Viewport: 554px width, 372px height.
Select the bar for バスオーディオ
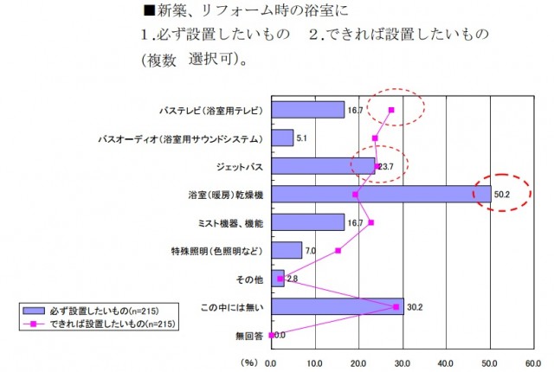pos(282,138)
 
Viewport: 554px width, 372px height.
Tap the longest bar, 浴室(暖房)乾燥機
pos(381,194)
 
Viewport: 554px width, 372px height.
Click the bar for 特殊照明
pos(287,251)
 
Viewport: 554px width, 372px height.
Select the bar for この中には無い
pos(337,306)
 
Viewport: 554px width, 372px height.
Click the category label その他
pos(251,279)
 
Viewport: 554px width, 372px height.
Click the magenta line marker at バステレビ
pos(391,110)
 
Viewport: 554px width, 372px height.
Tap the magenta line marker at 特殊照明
pos(338,251)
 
